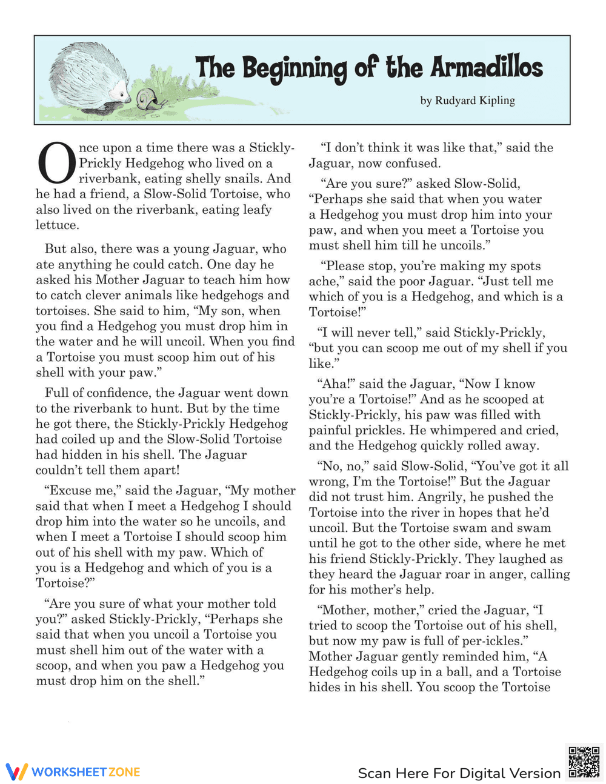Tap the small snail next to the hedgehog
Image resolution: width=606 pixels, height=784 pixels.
click(147, 99)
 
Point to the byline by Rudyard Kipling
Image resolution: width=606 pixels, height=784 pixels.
click(467, 101)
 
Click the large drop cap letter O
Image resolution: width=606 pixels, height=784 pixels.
click(56, 164)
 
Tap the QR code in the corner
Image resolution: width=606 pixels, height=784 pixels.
click(584, 762)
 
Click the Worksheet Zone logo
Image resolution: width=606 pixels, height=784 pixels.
click(73, 771)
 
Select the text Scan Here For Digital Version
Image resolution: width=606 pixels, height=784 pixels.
click(459, 773)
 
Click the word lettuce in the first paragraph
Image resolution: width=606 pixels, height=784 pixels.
click(57, 225)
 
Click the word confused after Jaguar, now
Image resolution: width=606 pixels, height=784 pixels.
click(415, 163)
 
